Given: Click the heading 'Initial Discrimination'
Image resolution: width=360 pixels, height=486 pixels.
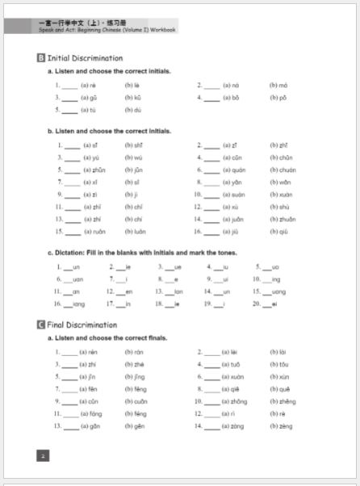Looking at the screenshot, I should (85, 58).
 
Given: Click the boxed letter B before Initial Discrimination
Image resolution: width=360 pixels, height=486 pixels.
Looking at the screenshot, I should (41, 58).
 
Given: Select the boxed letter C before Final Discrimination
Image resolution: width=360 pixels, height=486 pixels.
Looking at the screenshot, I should (41, 325).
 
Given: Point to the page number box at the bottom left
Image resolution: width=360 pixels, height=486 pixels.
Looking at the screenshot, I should (43, 455).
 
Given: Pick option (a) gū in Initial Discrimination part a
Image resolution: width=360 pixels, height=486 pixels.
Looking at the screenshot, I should (90, 97).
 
